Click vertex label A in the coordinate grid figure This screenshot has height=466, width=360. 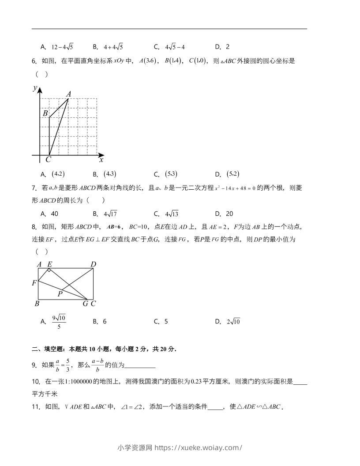tap(68, 94)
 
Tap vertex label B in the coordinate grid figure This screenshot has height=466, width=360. tap(45, 113)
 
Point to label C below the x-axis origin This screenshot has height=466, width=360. tap(48, 160)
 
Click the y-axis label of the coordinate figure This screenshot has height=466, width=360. tap(35, 88)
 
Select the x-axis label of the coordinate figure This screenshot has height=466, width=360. tap(101, 160)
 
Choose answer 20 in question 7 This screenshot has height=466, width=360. tap(229, 214)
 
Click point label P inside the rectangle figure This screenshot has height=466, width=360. tap(60, 293)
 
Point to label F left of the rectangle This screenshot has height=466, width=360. tap(34, 283)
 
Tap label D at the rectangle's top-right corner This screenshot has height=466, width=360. tap(93, 264)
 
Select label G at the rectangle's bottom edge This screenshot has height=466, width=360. tap(86, 304)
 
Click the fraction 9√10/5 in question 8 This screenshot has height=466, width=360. tap(59, 322)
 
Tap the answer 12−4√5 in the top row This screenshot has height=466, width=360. tap(62, 47)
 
